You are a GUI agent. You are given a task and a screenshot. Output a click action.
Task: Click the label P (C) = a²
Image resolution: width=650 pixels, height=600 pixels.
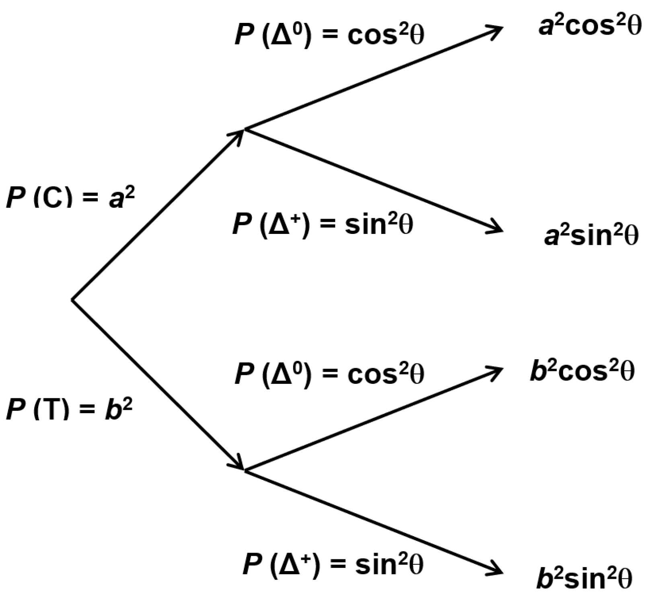[x=70, y=198]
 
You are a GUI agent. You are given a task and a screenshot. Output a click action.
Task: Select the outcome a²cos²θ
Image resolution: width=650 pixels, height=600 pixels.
[x=590, y=27]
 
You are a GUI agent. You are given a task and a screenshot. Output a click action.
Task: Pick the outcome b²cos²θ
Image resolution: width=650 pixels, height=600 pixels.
[x=582, y=371]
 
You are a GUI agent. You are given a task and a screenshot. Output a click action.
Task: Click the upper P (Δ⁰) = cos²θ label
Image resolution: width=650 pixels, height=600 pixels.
[x=329, y=35]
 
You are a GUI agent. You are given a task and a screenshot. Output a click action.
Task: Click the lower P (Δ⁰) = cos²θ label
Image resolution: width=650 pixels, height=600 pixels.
[x=329, y=374]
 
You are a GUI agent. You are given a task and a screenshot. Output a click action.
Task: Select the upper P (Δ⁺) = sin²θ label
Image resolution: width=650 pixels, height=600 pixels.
[x=323, y=224]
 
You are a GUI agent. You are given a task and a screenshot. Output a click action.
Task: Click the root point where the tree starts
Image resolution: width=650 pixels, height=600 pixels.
[x=72, y=299]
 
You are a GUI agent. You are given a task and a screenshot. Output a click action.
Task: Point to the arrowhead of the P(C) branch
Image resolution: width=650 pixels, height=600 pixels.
[x=239, y=134]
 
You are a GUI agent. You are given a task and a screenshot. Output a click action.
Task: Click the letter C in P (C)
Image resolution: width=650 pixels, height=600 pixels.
[x=52, y=198]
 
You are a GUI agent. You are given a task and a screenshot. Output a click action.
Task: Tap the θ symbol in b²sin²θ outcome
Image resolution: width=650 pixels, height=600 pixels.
[x=623, y=579]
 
